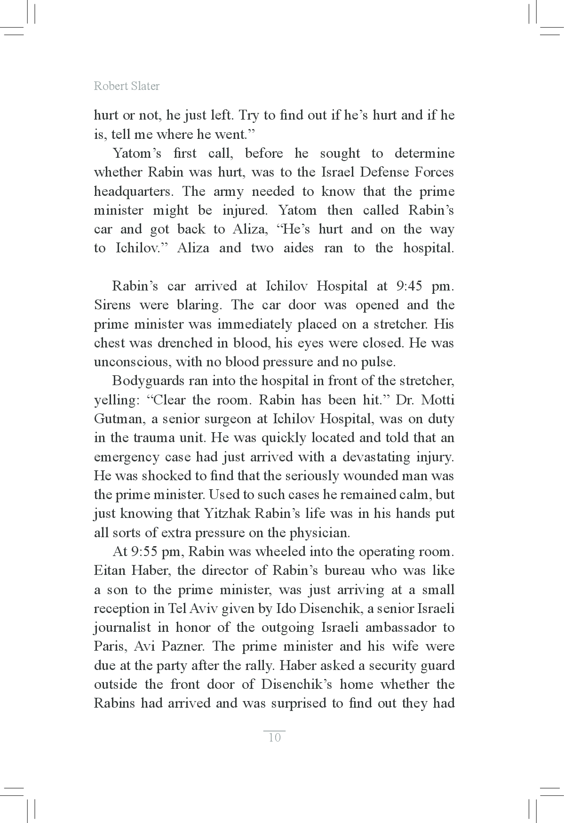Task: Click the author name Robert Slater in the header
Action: pyautogui.click(x=127, y=86)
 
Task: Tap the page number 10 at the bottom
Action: pyautogui.click(x=274, y=737)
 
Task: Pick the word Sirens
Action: pyautogui.click(x=112, y=305)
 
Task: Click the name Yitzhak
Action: pyautogui.click(x=228, y=514)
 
